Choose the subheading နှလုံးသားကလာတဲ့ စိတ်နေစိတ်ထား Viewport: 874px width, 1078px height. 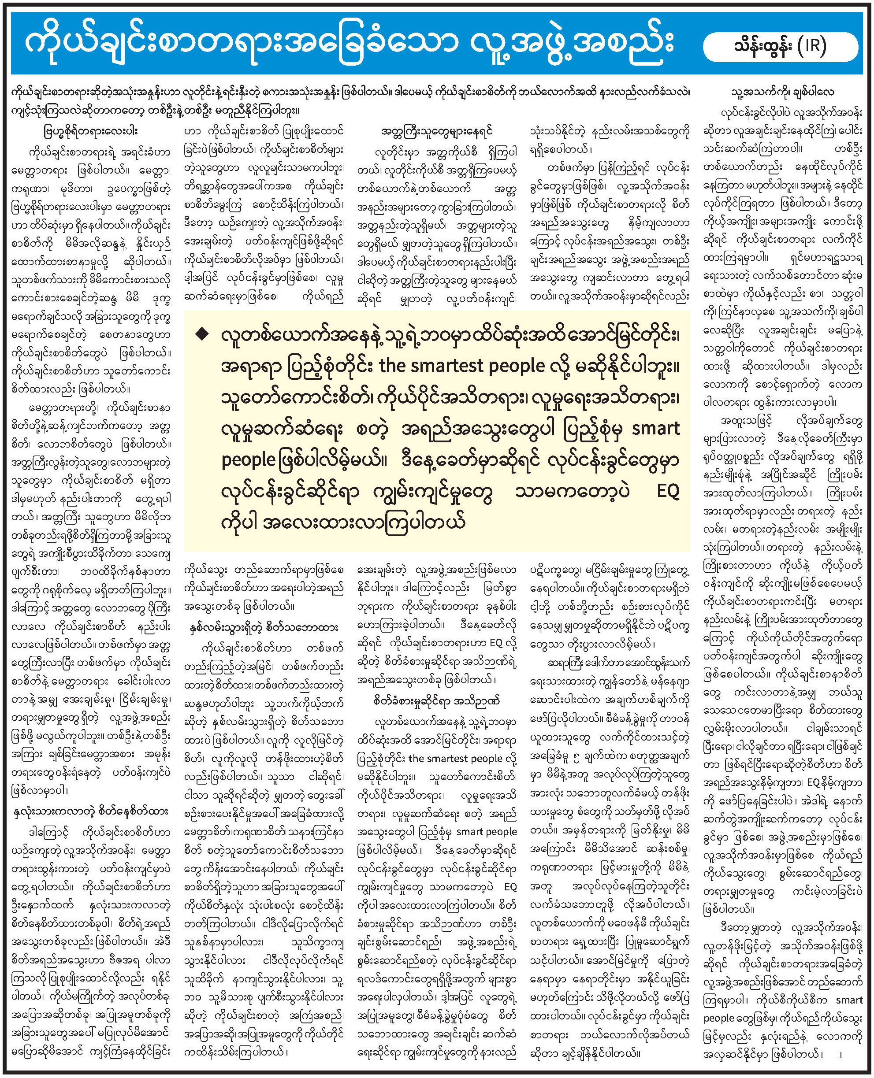click(x=91, y=812)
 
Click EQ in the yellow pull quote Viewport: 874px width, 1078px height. click(x=668, y=491)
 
